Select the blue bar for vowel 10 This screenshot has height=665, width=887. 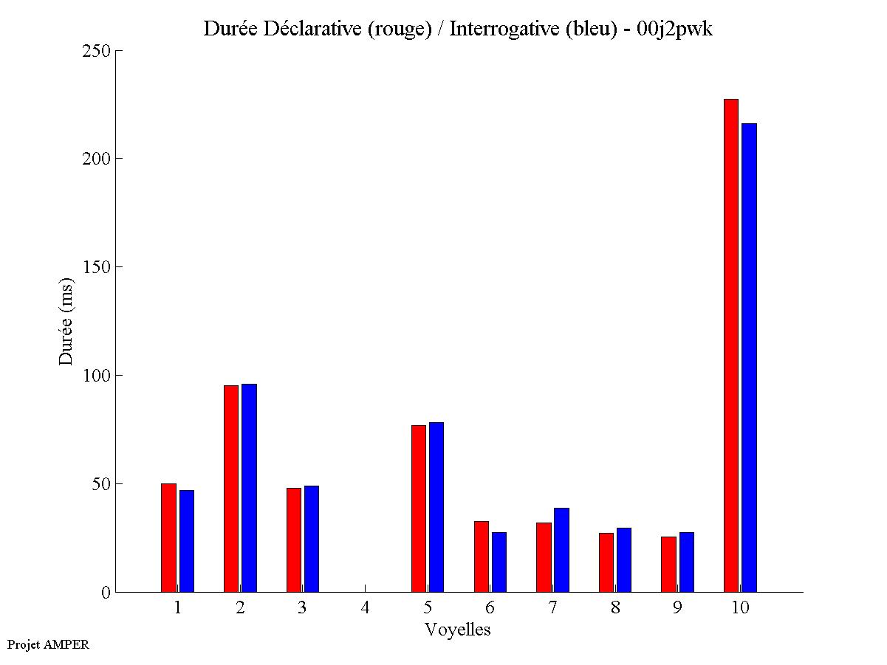coord(749,357)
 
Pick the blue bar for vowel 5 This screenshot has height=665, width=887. coord(436,507)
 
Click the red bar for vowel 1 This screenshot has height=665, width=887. coord(168,537)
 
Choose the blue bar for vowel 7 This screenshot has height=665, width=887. coord(561,550)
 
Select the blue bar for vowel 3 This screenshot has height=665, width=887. coord(312,539)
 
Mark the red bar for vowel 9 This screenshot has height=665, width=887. coord(668,564)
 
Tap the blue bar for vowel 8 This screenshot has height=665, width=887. coord(624,559)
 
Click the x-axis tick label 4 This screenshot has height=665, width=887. coord(365,607)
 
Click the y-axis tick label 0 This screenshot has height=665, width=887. coord(106,592)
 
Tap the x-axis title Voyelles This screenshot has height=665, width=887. coord(458,630)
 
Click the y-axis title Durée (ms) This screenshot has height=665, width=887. coord(66,321)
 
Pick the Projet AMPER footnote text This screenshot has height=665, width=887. coord(48,644)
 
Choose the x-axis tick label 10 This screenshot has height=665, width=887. coord(740,607)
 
